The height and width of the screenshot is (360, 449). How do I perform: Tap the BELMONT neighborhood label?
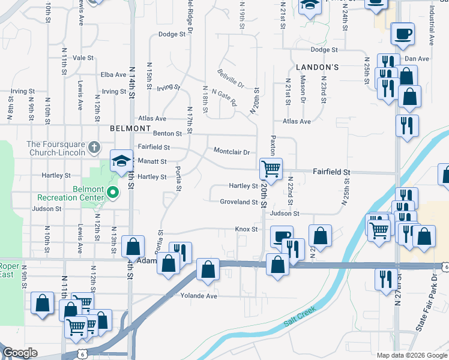click(130, 128)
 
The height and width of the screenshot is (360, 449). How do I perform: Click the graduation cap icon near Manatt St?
click(121, 160)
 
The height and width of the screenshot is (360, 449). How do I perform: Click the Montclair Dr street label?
click(231, 152)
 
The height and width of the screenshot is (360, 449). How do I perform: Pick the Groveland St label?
click(238, 202)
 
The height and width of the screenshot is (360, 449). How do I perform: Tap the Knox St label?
click(246, 229)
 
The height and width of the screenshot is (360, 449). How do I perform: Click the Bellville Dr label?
click(231, 77)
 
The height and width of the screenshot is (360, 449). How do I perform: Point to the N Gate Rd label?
click(224, 98)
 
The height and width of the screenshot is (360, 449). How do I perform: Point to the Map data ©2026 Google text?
click(411, 355)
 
